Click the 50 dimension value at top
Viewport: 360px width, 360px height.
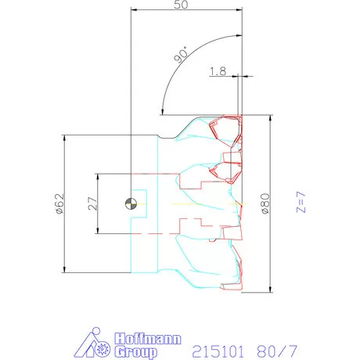(x=181, y=5)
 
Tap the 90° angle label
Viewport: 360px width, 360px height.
(x=182, y=55)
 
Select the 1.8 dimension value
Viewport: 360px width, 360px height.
(x=218, y=71)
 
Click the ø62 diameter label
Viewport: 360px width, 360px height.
(x=59, y=203)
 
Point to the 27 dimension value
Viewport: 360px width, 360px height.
(x=92, y=203)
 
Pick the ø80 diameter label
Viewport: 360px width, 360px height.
(x=265, y=203)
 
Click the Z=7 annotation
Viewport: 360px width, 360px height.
(x=301, y=202)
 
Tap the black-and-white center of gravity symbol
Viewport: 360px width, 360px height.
(x=131, y=203)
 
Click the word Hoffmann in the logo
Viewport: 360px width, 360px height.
(x=148, y=339)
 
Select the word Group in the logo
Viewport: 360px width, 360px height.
(x=135, y=352)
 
